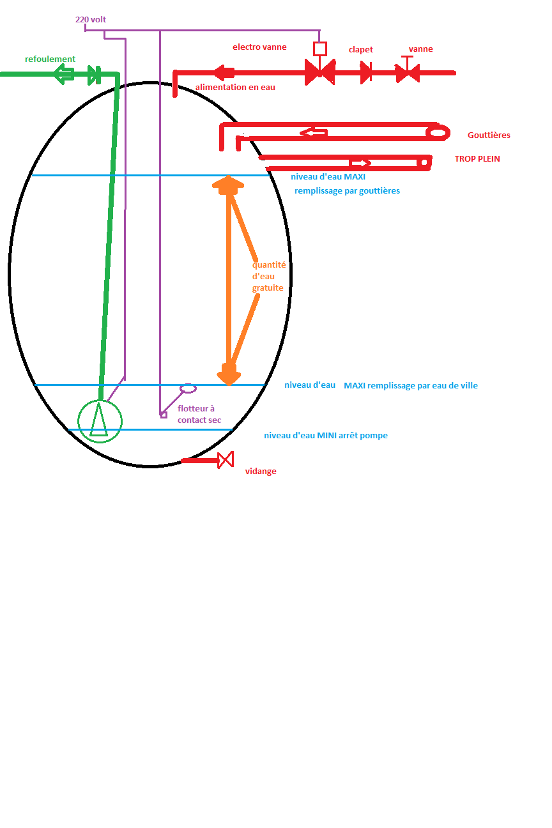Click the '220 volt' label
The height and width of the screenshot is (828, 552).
[x=91, y=20]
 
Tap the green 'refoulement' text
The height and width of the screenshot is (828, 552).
[x=50, y=59]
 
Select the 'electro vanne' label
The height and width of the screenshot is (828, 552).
[x=259, y=47]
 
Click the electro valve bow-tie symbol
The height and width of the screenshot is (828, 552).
[x=319, y=72]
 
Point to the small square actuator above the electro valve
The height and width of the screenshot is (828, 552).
[x=320, y=49]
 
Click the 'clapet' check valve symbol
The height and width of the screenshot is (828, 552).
[x=366, y=72]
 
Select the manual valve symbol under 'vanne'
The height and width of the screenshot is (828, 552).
[x=407, y=72]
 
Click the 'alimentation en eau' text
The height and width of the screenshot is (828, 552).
[x=235, y=87]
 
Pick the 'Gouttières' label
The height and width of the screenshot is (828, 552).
[x=489, y=135]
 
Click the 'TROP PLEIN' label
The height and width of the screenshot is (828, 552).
[x=477, y=158]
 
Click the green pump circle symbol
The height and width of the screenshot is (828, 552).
[x=100, y=420]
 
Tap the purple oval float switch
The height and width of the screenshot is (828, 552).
[x=188, y=388]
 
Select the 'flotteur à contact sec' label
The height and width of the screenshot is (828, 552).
[x=199, y=414]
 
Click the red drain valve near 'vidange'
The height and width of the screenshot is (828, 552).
[x=225, y=460]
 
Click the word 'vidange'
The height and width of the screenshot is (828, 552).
[x=261, y=471]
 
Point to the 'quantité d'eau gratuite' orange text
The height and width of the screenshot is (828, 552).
[x=268, y=276]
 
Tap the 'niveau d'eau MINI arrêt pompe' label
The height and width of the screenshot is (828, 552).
[x=326, y=436]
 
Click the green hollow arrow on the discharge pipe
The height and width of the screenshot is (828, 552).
[x=64, y=74]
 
